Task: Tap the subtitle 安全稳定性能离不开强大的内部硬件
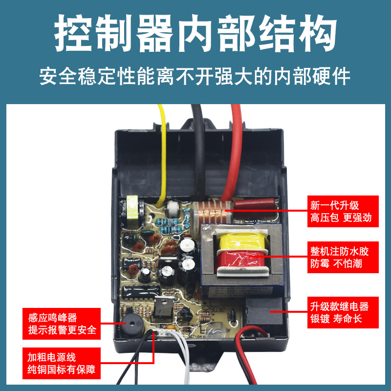point(195,76)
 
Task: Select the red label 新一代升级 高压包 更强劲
point(343,211)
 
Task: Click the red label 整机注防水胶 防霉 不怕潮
point(343,257)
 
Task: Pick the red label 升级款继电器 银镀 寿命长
point(343,312)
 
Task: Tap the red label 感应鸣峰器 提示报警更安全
point(62,324)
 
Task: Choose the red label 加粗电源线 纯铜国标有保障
point(62,363)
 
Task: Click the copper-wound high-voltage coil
point(212,213)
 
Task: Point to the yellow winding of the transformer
point(242,241)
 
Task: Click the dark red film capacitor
point(254,203)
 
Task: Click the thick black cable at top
point(199,150)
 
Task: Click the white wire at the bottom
point(182,359)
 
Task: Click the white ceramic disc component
point(174,209)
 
